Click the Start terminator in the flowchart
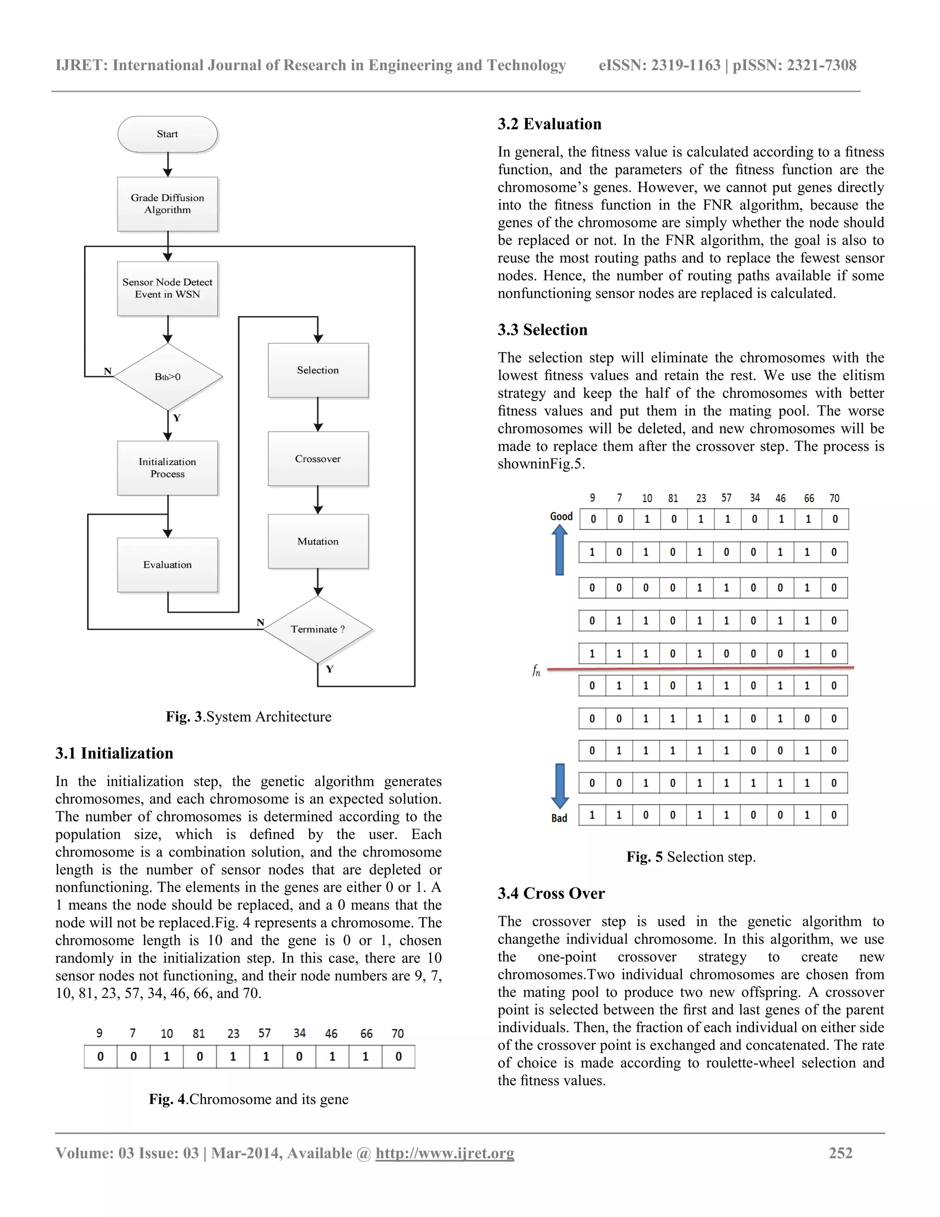167,134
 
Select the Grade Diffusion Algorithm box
167,204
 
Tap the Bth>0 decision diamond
168,377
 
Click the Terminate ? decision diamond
318,629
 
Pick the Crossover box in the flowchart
318,459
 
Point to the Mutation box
318,541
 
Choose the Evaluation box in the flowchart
167,564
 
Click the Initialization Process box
167,468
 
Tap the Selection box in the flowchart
318,370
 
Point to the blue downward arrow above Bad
560,786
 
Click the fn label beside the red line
536,670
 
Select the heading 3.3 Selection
543,330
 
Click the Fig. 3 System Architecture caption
248,716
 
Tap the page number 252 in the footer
840,1153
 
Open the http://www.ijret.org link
444,1153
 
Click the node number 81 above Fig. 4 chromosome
199,1034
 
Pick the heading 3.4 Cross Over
551,893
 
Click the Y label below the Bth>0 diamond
177,418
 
